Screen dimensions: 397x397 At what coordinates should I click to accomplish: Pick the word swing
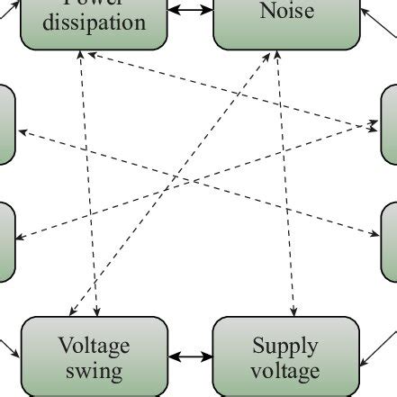click(x=95, y=369)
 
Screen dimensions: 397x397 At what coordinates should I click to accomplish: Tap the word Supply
click(x=285, y=346)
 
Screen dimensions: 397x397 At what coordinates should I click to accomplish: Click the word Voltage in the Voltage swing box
click(x=95, y=346)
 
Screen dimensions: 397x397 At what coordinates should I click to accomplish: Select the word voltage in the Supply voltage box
click(x=285, y=370)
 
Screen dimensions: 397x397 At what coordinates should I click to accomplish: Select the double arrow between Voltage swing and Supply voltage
click(x=190, y=357)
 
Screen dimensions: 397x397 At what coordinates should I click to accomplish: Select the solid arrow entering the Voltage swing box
click(x=9, y=347)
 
